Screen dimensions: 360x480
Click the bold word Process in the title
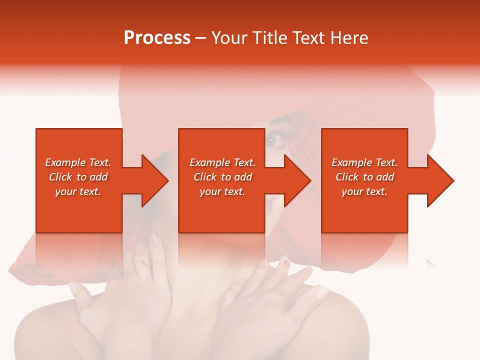pos(157,38)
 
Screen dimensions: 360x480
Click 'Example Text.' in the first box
pos(78,162)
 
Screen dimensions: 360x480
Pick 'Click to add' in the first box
pos(78,177)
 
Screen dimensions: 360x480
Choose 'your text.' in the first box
pos(78,191)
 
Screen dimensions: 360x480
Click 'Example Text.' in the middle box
pos(222,162)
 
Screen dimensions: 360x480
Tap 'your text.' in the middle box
pos(222,191)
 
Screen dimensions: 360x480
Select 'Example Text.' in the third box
pos(364,162)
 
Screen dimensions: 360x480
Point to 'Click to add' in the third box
pos(364,177)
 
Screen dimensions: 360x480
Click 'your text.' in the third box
pos(364,191)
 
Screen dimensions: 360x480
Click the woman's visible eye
pos(272,140)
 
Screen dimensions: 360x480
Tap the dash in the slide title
pos(200,38)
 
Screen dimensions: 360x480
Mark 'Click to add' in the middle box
pos(222,177)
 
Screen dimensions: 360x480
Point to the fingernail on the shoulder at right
pos(321,292)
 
